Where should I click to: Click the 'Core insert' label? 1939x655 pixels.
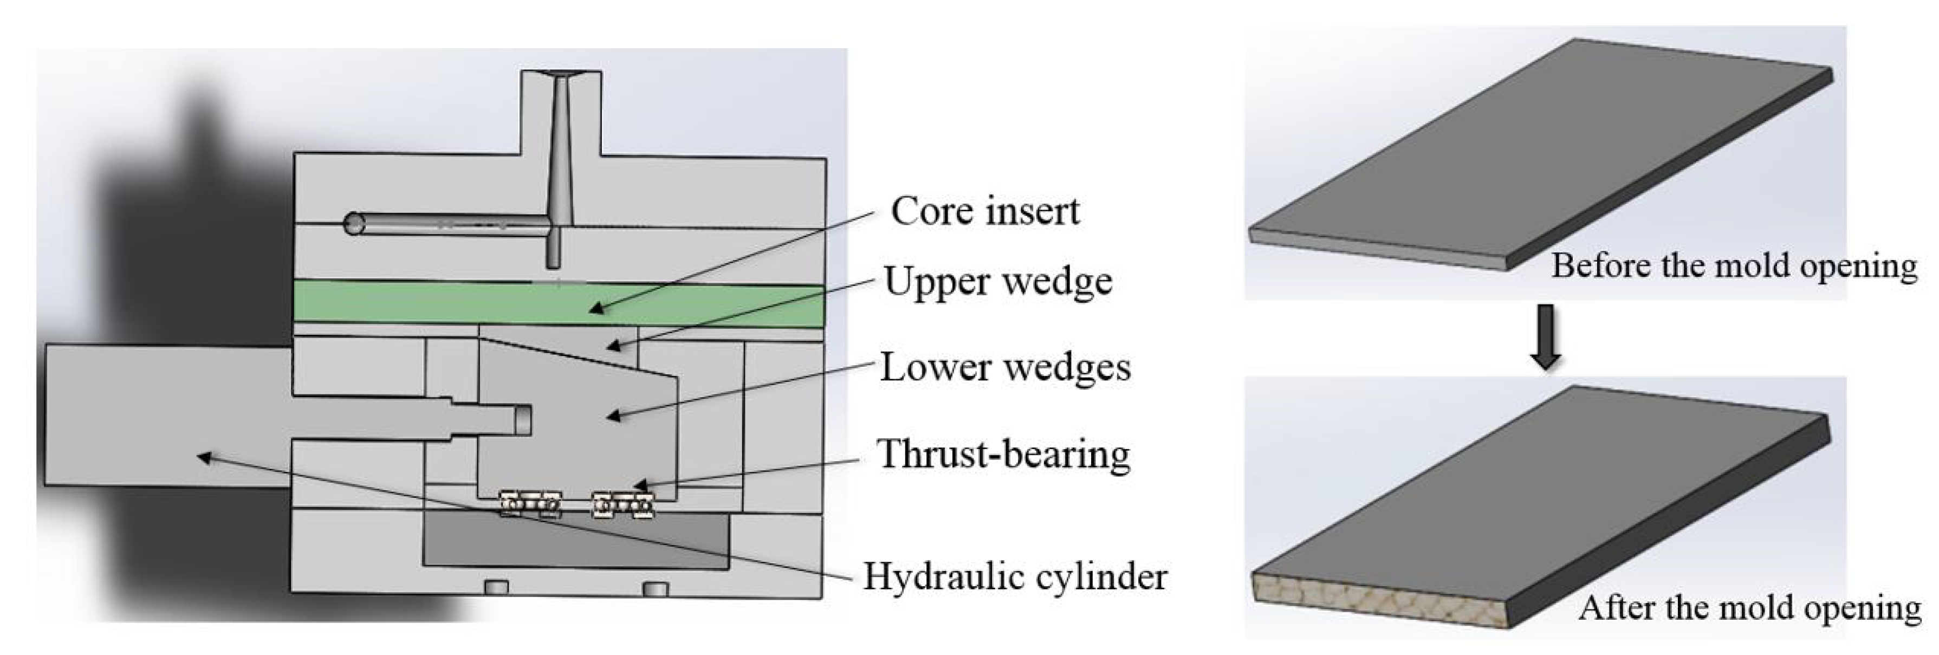(984, 211)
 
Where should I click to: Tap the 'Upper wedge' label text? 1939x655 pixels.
(998, 282)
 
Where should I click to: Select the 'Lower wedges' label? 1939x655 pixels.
(1006, 368)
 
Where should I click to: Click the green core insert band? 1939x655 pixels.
(452, 304)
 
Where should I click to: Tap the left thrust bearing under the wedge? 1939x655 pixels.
(531, 504)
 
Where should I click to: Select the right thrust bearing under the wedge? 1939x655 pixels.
(623, 504)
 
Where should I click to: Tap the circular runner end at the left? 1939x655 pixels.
(354, 224)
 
